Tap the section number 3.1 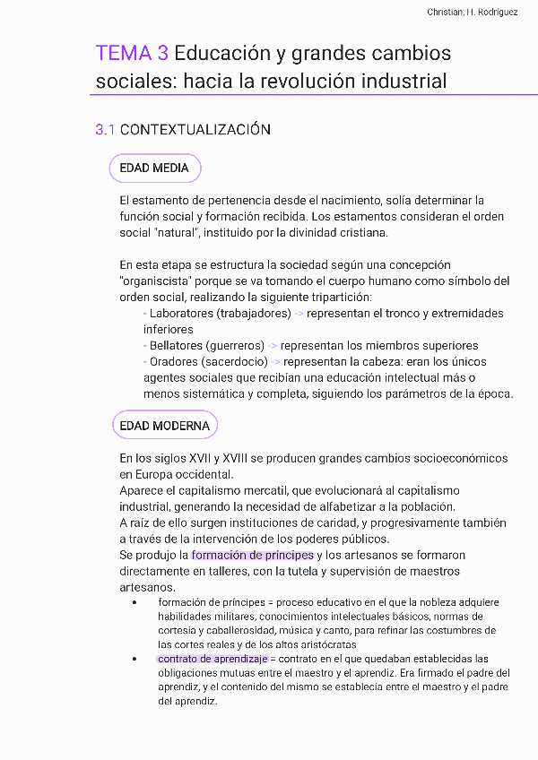click(x=105, y=130)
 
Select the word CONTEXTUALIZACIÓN click(x=195, y=130)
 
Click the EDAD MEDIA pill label click(x=154, y=168)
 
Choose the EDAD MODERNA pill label click(x=165, y=426)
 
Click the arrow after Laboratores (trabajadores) click(x=299, y=314)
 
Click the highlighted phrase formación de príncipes click(x=252, y=556)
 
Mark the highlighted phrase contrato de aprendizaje click(x=213, y=659)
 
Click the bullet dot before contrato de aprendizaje click(x=134, y=659)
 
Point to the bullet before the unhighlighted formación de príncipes click(x=134, y=602)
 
